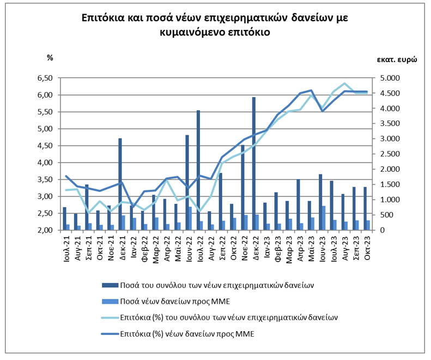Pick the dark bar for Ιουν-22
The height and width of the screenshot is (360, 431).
[187, 182]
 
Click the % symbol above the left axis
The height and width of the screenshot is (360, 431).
[50, 58]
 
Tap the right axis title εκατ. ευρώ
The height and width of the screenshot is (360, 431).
[396, 60]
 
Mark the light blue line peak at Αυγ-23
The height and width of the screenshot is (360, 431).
[344, 83]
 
